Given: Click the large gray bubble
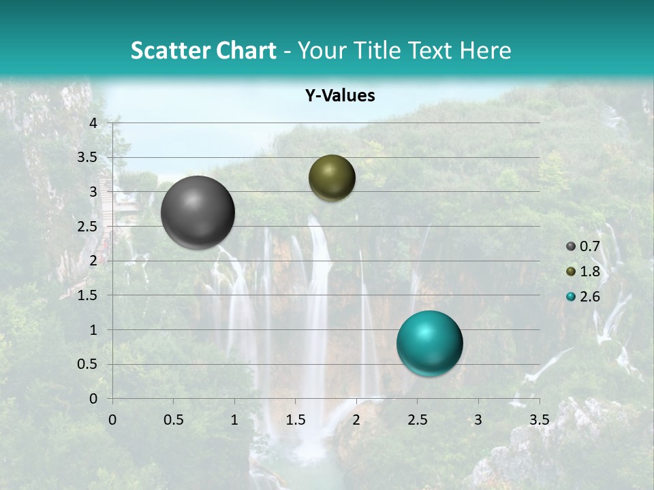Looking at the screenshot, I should tap(198, 212).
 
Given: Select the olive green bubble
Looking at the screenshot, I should tap(332, 178).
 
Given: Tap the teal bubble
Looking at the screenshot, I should tap(429, 343).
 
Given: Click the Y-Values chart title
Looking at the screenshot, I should tap(340, 96).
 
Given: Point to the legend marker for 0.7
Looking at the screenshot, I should tap(571, 246).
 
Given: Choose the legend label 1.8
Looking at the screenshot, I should tap(590, 272).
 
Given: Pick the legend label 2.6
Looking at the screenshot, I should tap(590, 297).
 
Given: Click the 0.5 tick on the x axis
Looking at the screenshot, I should tap(173, 420).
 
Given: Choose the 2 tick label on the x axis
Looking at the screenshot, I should tap(356, 420).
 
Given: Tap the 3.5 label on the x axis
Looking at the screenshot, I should tap(539, 420).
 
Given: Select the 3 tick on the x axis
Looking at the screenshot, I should tap(478, 420).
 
